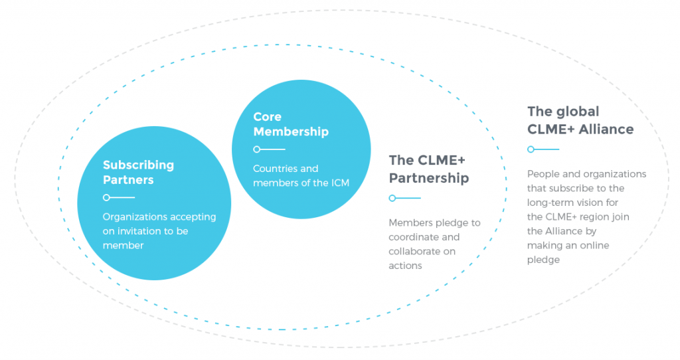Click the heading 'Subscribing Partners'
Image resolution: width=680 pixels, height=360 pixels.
[138, 172]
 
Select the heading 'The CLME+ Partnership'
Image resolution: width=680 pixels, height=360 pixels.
[428, 169]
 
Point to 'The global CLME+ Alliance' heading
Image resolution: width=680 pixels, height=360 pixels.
[580, 120]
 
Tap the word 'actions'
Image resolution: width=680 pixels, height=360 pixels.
[405, 266]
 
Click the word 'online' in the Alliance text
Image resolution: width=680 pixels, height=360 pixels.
[592, 245]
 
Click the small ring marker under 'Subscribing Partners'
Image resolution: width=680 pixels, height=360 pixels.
[106, 197]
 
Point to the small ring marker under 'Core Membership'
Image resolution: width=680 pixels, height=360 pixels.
[256, 149]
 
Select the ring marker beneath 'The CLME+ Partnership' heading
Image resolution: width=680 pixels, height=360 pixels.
[392, 198]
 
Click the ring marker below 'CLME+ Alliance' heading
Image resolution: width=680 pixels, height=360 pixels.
[531, 149]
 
